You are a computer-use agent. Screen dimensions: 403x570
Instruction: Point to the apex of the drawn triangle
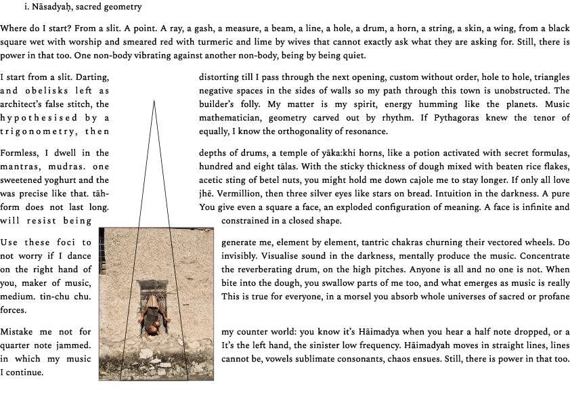tap(154, 101)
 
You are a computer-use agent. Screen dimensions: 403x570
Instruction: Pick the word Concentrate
tap(542, 256)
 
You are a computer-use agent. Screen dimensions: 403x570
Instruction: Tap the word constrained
tap(248, 221)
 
